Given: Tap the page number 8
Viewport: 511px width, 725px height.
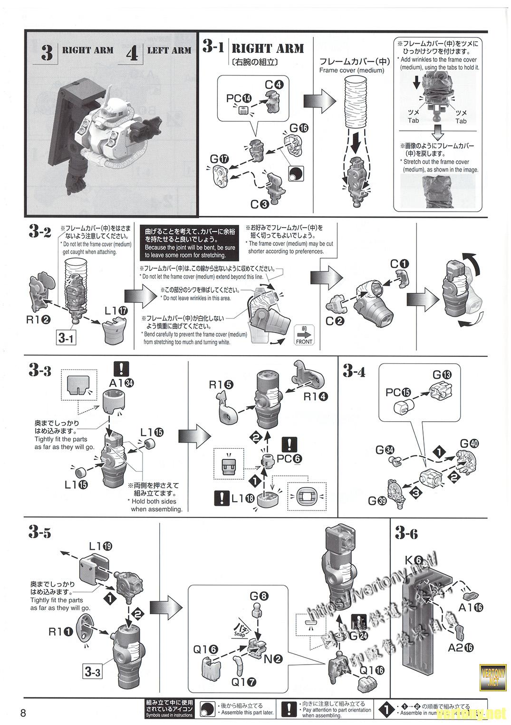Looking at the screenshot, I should pyautogui.click(x=23, y=713).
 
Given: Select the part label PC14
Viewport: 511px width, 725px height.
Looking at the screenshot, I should pyautogui.click(x=241, y=99).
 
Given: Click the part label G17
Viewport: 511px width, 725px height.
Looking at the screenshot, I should pyautogui.click(x=219, y=158).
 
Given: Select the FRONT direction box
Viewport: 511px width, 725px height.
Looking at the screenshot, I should pyautogui.click(x=304, y=335).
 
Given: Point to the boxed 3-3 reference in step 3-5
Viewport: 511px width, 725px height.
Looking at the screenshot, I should pyautogui.click(x=92, y=672).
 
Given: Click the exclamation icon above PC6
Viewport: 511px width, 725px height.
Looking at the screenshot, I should pyautogui.click(x=289, y=444).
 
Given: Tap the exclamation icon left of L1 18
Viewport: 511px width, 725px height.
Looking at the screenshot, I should pyautogui.click(x=222, y=498).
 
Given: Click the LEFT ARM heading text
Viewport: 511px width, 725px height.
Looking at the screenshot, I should pyautogui.click(x=169, y=50).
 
